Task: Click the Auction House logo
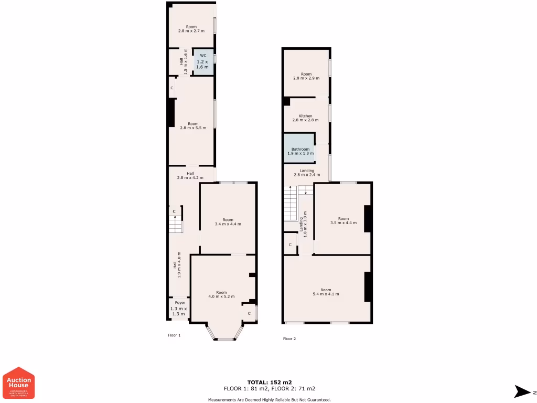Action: (19, 383)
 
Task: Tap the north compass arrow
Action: (523, 391)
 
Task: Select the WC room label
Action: (202, 61)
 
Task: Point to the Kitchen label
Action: (305, 118)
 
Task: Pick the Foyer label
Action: (179, 308)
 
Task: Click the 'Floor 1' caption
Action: (174, 335)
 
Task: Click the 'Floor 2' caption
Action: (289, 339)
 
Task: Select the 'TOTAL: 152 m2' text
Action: (270, 382)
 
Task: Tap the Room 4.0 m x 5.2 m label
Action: (221, 294)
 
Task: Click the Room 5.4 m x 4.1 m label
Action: (326, 292)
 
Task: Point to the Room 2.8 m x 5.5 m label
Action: (192, 125)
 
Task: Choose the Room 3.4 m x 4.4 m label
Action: (228, 221)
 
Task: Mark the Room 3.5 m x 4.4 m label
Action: (343, 220)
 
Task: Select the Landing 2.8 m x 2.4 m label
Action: (307, 173)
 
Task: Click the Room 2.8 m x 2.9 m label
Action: (306, 76)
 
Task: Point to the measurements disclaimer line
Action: (269, 400)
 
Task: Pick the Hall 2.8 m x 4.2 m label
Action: (190, 175)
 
